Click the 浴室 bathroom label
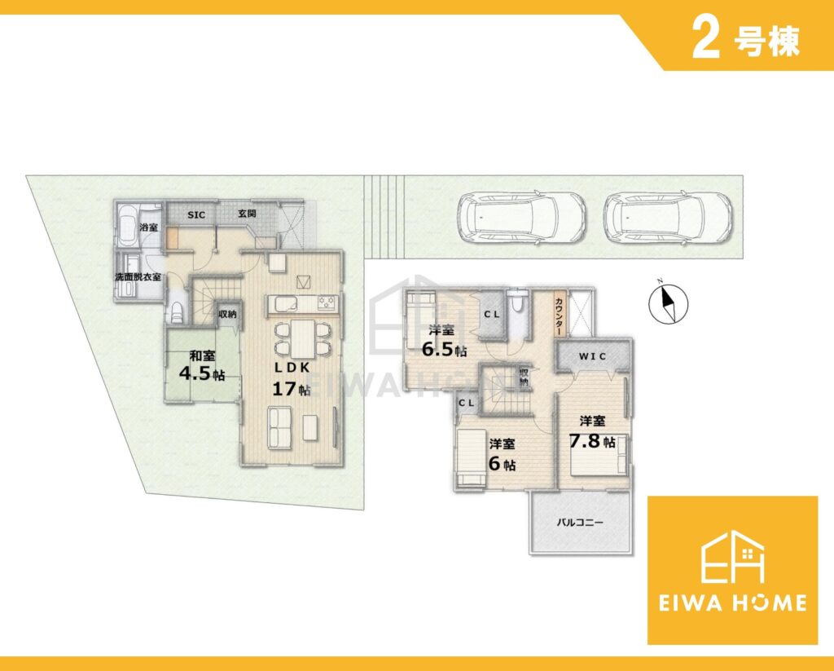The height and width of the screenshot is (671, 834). (148, 227)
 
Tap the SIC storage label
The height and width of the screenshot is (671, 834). (196, 214)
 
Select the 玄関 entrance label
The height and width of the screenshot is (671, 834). (247, 214)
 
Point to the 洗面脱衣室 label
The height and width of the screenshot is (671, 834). (138, 277)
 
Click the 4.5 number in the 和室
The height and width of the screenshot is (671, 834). (195, 373)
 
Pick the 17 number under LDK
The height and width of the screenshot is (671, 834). (283, 389)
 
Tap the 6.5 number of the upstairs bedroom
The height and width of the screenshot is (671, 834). (437, 349)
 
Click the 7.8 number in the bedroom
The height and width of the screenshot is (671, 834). (585, 441)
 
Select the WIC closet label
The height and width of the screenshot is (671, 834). (593, 356)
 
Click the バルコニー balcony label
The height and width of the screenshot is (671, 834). (580, 523)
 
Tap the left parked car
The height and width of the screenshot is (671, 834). (522, 218)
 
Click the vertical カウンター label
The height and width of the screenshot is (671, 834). (560, 316)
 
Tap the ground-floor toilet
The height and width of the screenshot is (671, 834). (176, 313)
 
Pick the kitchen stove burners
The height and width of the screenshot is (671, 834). (327, 302)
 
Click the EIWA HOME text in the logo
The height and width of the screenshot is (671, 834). (732, 603)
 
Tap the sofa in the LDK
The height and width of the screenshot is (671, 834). (280, 429)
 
